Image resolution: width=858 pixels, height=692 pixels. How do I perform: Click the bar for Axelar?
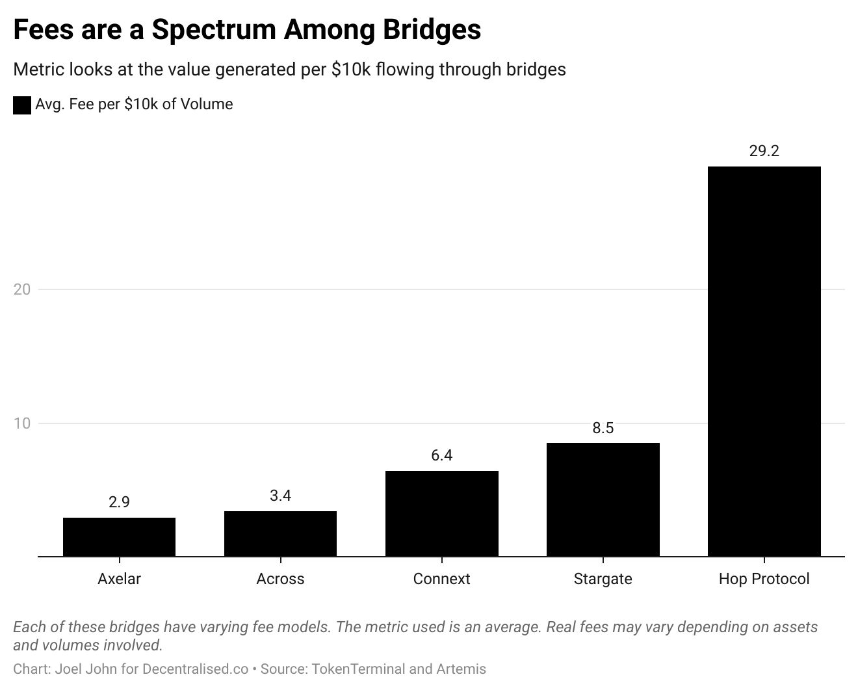tap(119, 537)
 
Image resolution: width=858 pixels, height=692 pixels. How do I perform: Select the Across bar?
tap(280, 534)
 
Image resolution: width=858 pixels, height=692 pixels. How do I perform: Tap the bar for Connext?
tap(441, 514)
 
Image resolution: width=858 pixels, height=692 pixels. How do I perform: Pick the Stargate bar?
tap(603, 499)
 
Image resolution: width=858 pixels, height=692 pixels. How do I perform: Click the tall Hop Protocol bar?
tap(764, 362)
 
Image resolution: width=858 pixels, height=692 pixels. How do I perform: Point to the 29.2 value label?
tap(764, 151)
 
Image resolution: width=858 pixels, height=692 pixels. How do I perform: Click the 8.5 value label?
tap(603, 428)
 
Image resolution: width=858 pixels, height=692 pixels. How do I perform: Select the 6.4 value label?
tap(441, 455)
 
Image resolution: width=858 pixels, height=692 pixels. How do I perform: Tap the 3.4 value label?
tap(280, 496)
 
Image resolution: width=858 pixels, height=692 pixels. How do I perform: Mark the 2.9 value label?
tap(119, 502)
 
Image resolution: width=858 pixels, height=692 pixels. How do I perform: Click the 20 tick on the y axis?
tap(22, 289)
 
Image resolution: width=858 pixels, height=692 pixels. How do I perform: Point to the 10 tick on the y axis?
tap(22, 423)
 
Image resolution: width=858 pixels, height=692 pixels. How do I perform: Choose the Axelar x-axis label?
tap(119, 579)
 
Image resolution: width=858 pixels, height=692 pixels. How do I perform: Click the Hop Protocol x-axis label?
tap(764, 579)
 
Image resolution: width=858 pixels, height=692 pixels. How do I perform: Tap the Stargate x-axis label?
tap(603, 579)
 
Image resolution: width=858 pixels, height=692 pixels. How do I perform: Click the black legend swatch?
tap(22, 105)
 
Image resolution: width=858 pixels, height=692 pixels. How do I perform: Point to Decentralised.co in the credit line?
tap(195, 669)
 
